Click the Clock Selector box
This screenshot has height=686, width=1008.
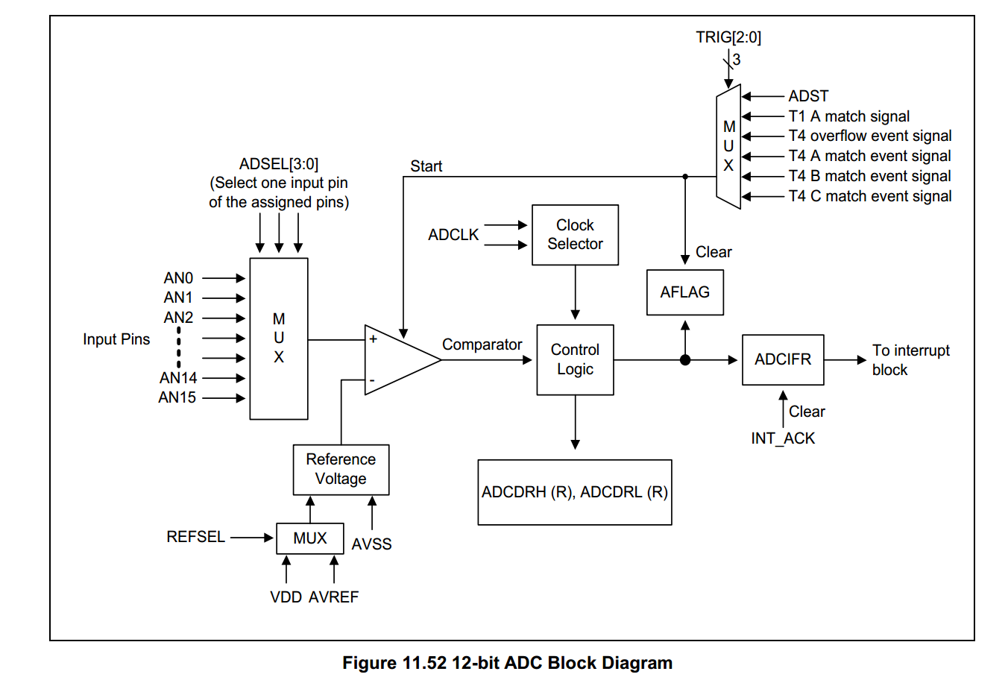[575, 235]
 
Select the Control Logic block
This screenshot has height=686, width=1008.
[575, 359]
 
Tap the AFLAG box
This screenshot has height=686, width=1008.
[684, 292]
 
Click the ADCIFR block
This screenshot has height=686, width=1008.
[782, 359]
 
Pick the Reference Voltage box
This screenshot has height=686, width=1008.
[341, 470]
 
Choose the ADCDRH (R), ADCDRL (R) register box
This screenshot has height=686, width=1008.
[574, 492]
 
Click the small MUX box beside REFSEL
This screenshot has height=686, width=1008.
[309, 538]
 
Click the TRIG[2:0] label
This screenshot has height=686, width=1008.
[728, 37]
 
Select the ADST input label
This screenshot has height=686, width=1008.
[808, 96]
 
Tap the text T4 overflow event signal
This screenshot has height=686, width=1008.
[869, 136]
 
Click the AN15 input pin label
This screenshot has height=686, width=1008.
[177, 397]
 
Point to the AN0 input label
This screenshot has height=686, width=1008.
[178, 278]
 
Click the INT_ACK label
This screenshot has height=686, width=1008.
[782, 438]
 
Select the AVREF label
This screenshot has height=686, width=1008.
[333, 597]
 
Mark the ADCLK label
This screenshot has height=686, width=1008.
[453, 235]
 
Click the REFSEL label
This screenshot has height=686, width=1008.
[195, 537]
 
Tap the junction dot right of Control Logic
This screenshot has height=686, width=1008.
[684, 360]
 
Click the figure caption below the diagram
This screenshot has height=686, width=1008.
[507, 663]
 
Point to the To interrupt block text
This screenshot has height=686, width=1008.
[910, 360]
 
